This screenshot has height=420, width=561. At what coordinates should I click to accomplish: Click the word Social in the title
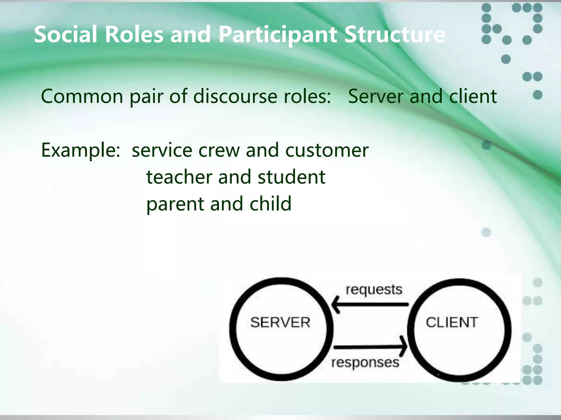click(65, 34)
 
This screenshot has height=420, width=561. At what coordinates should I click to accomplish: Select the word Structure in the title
click(394, 34)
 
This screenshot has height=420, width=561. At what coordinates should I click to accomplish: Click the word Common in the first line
click(82, 96)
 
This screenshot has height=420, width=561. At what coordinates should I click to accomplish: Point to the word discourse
click(235, 96)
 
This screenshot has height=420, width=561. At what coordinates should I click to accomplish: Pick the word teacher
click(179, 177)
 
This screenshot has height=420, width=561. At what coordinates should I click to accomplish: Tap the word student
click(291, 177)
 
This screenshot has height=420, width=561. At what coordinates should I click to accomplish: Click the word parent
click(175, 204)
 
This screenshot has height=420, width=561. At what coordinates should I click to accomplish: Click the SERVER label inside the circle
click(280, 322)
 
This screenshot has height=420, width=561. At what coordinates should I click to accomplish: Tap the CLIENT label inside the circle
click(452, 322)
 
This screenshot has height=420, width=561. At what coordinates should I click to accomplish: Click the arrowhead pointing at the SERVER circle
click(336, 305)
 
